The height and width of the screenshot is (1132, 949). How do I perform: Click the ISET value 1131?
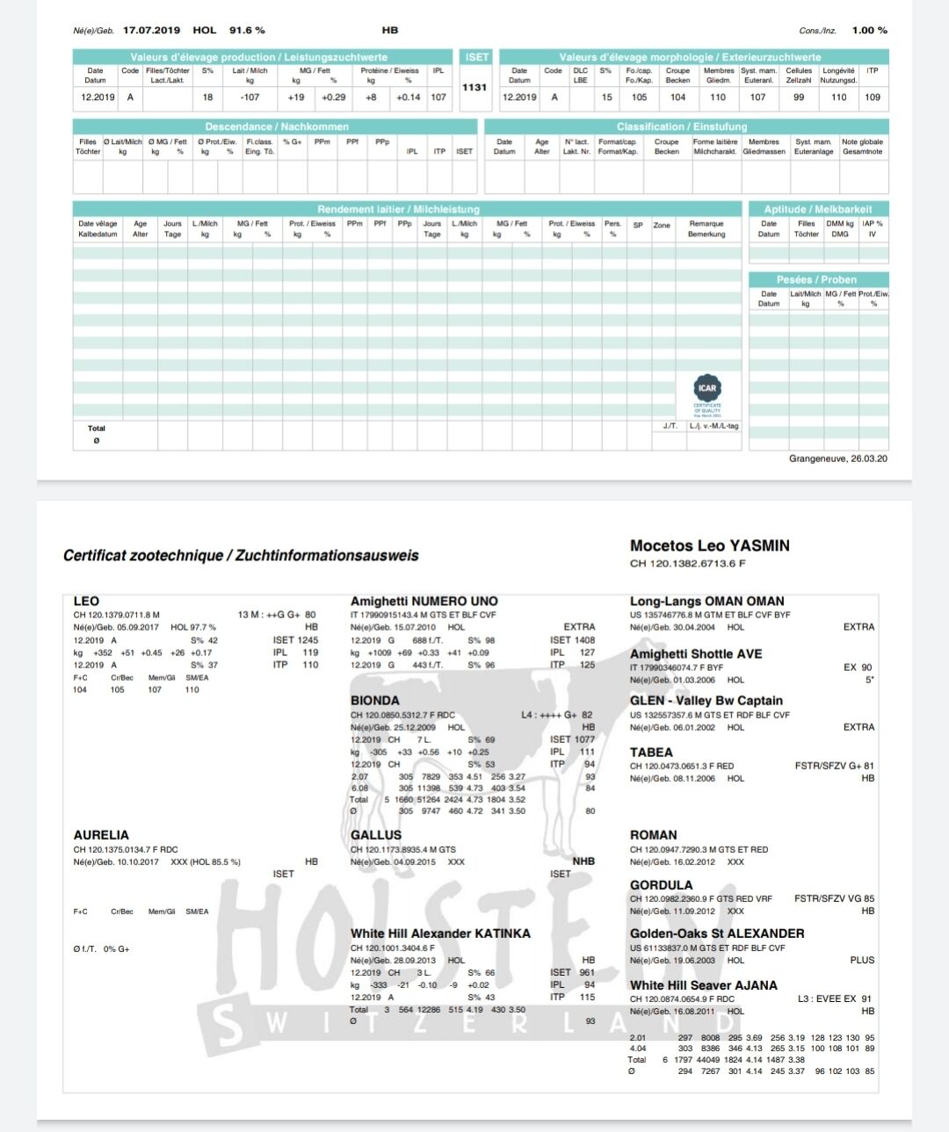point(474,87)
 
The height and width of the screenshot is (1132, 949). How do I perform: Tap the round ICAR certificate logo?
point(707,388)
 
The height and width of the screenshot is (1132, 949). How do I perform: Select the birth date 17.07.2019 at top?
point(151,30)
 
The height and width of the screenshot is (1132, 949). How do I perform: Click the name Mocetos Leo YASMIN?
point(709,545)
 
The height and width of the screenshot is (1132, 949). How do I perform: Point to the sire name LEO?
point(86,602)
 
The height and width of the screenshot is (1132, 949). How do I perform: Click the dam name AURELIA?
point(101,835)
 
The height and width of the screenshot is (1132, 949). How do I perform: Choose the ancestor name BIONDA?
point(375,701)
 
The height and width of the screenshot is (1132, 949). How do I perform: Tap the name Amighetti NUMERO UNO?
point(424,602)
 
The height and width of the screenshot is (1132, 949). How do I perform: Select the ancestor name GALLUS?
point(376,835)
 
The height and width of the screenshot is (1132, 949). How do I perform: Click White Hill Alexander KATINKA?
point(440,934)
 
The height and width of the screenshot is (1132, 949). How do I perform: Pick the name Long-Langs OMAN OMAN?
point(706,602)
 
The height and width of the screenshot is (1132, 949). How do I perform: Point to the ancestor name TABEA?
point(651,753)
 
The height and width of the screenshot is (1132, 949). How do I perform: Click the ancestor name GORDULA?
point(661,885)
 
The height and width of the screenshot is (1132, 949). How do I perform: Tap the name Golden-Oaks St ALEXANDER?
point(717,934)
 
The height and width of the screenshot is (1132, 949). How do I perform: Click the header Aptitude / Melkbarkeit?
point(818,209)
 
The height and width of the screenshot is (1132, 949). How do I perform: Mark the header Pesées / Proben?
point(816,279)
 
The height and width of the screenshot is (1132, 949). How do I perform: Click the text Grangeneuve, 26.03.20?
point(837,458)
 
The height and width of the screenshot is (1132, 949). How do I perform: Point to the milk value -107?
point(250,97)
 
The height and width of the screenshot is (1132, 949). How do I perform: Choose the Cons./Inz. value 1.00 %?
point(869,30)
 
